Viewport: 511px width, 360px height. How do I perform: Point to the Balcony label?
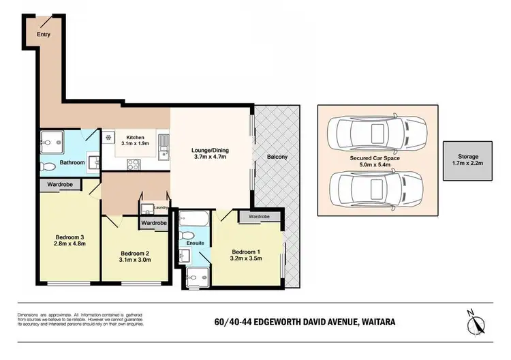pyautogui.click(x=277, y=157)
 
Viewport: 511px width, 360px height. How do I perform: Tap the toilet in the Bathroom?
pyautogui.click(x=49, y=166)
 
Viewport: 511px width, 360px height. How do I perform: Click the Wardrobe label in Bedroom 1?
pyautogui.click(x=258, y=217)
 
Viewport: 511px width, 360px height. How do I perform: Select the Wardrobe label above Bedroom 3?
pyautogui.click(x=60, y=184)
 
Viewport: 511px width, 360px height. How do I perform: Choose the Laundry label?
pyautogui.click(x=161, y=207)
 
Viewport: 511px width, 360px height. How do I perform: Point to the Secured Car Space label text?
pyautogui.click(x=374, y=158)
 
